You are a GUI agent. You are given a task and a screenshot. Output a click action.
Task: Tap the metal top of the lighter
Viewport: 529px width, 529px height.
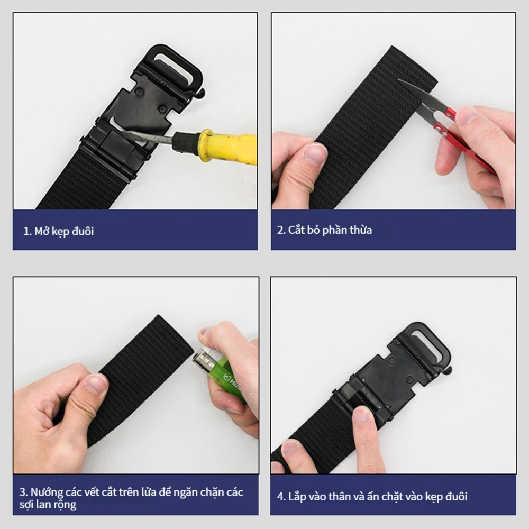tap(203, 360)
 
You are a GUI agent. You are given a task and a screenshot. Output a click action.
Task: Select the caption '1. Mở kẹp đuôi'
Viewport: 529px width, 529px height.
tap(58, 232)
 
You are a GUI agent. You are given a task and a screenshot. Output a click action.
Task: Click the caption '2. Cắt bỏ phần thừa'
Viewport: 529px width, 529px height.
tap(325, 230)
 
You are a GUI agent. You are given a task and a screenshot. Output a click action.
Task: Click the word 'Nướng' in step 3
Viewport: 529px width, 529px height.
tap(47, 492)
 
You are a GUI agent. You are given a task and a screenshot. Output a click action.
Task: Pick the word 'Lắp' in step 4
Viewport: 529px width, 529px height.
tap(297, 497)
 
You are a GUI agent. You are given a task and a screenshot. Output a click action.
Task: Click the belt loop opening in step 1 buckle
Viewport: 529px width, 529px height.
tap(172, 68)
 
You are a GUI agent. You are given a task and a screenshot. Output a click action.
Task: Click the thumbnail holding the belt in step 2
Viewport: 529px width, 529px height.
tap(315, 153)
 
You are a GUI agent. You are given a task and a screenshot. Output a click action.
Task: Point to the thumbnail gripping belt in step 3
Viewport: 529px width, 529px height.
tap(96, 384)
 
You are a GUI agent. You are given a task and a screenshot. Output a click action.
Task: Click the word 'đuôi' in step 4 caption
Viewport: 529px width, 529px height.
tap(457, 496)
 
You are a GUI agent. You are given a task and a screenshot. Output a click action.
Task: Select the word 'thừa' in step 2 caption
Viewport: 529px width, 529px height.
tap(361, 230)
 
